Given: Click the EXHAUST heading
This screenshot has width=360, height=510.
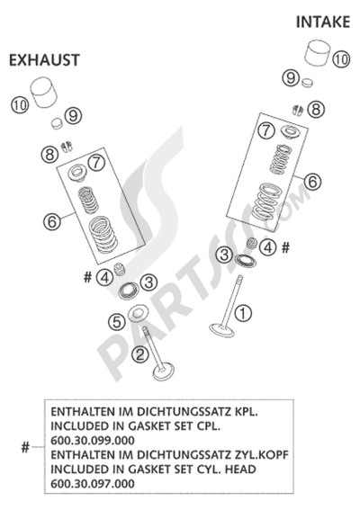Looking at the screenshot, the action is pyautogui.click(x=44, y=60).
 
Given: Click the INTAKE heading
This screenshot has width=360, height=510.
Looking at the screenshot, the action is pyautogui.click(x=323, y=22).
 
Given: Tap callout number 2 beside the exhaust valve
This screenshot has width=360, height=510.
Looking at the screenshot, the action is pyautogui.click(x=140, y=354).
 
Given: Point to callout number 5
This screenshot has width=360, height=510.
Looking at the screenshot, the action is pyautogui.click(x=116, y=322).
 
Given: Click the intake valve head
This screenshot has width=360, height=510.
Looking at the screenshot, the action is pyautogui.click(x=222, y=330).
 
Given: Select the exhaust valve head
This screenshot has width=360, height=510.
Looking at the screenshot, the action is pyautogui.click(x=164, y=371).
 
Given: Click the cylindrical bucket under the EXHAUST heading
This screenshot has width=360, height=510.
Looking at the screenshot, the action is pyautogui.click(x=44, y=93).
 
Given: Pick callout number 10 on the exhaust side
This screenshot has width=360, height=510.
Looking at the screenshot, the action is pyautogui.click(x=20, y=105).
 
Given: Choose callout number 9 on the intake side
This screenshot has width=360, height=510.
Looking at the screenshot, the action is pyautogui.click(x=291, y=78).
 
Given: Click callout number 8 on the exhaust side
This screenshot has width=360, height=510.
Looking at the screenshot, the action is pyautogui.click(x=49, y=154).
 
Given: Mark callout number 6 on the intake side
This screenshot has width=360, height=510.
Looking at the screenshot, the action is pyautogui.click(x=312, y=181).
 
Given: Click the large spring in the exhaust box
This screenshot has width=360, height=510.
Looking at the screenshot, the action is pyautogui.click(x=103, y=235).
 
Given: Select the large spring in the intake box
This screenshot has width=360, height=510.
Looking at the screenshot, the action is pyautogui.click(x=265, y=202).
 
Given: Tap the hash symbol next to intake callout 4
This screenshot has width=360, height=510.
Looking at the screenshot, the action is pyautogui.click(x=285, y=248).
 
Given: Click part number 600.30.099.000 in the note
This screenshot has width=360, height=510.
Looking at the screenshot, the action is pyautogui.click(x=93, y=441).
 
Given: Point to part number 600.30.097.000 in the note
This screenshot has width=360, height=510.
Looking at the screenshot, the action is pyautogui.click(x=93, y=484).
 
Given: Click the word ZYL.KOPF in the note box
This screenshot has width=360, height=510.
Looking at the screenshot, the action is pyautogui.click(x=261, y=455).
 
